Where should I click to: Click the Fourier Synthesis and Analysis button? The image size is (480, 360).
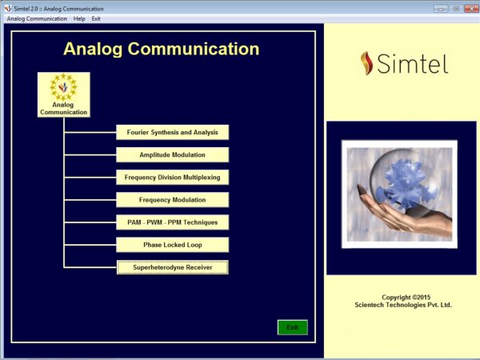172,132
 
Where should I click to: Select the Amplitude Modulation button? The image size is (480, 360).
172,155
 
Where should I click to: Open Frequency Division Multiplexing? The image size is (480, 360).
172,178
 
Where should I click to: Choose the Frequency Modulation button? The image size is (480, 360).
172,200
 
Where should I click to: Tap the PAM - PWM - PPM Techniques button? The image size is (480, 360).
172,222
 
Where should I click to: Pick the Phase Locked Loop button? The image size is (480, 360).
172,245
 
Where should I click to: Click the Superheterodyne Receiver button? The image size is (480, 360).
172,267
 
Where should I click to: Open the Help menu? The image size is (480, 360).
79,18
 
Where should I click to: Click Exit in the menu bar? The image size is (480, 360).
96,18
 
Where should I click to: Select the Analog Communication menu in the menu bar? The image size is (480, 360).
37,18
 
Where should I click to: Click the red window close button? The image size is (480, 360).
471,9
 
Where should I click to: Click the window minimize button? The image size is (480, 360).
441,9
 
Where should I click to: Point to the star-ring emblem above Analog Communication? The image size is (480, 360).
63,87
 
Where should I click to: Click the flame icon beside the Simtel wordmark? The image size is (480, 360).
366,63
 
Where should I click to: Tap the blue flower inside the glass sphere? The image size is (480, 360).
407,183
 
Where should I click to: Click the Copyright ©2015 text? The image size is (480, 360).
406,298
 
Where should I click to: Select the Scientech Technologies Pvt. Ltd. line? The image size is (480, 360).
403,305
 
